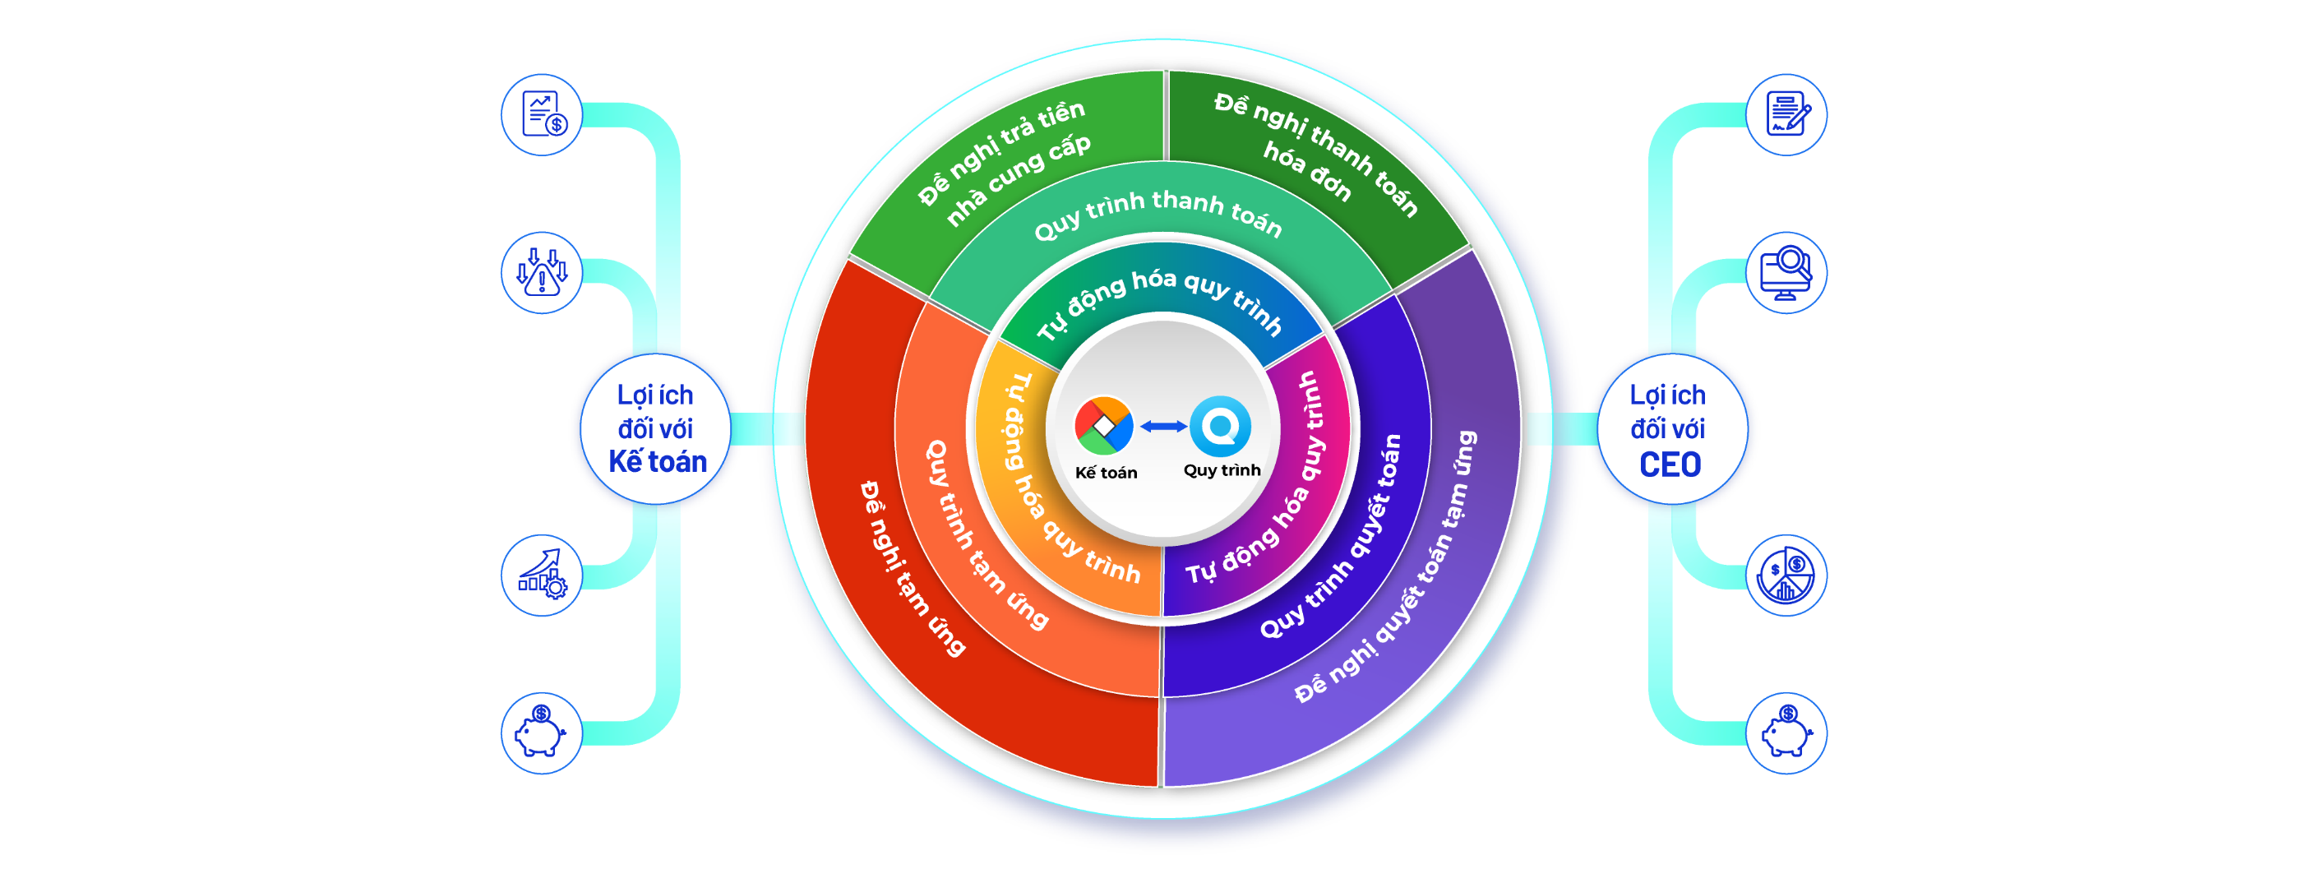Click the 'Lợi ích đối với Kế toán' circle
click(x=655, y=429)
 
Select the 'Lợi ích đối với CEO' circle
click(x=1669, y=429)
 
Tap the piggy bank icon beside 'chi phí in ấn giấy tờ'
click(x=541, y=733)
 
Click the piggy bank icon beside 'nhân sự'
click(x=1786, y=733)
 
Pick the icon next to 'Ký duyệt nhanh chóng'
click(x=1786, y=115)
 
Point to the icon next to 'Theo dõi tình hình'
click(x=1786, y=272)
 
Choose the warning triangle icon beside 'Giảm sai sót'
click(x=541, y=272)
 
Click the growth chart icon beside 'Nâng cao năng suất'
click(x=541, y=576)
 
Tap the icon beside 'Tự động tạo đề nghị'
click(x=541, y=115)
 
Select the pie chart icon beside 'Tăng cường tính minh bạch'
click(x=1786, y=576)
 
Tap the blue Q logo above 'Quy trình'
click(x=1221, y=426)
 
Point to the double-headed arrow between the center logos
click(x=1163, y=427)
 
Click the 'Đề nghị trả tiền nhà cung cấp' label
click(x=1005, y=162)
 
